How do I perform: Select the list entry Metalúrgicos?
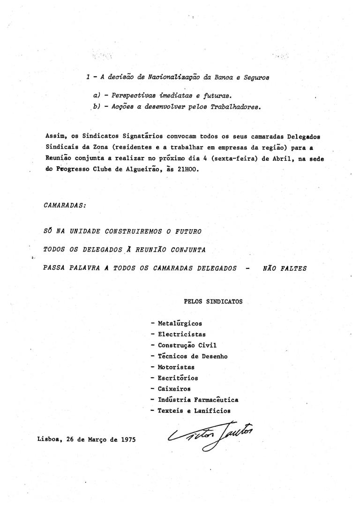[180, 323]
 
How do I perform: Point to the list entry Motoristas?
[176, 367]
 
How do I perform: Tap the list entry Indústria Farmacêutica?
[198, 400]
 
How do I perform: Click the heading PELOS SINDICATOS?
[214, 302]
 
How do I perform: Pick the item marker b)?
[97, 106]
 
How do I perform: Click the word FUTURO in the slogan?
[187, 232]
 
